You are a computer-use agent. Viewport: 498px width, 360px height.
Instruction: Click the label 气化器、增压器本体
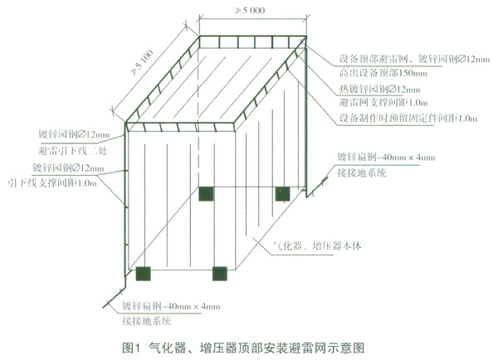click(320, 246)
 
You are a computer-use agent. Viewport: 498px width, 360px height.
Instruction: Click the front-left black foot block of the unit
click(143, 270)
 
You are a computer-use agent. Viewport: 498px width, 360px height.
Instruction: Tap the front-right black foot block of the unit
click(220, 272)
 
